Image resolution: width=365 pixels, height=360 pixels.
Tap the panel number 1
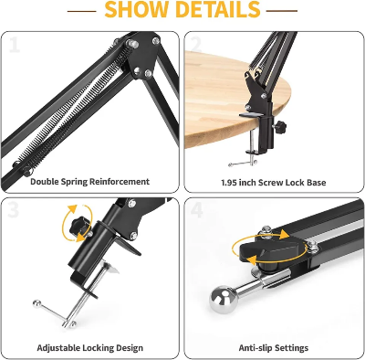point(15,45)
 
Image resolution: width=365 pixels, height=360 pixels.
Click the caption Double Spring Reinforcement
point(89,182)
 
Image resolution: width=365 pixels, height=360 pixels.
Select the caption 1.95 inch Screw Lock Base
point(273,182)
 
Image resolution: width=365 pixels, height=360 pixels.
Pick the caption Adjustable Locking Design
point(89,348)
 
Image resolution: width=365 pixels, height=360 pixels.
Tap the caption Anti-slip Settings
point(273,348)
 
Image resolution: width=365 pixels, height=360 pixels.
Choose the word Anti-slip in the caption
point(253,348)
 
